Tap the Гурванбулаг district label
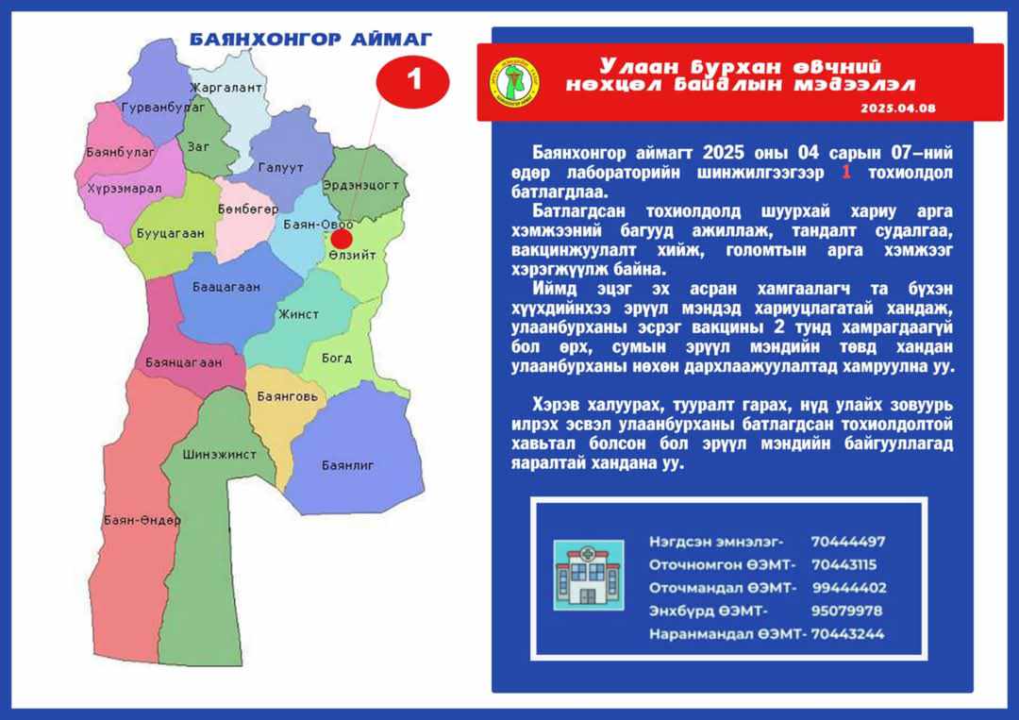[x=163, y=108]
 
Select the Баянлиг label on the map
[x=347, y=465]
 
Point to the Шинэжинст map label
[x=219, y=455]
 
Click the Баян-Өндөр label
[x=142, y=520]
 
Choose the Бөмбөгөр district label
[x=248, y=209]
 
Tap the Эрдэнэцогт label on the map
[x=360, y=185]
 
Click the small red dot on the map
[x=342, y=239]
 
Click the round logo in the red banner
[x=514, y=82]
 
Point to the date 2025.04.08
[x=898, y=109]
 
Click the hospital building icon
[x=589, y=575]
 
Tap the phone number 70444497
[x=848, y=542]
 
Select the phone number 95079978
[x=846, y=611]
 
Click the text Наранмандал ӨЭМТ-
[x=727, y=634]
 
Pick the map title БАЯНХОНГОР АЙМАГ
[x=310, y=40]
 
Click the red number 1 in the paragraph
[x=846, y=173]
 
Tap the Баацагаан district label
[x=226, y=287]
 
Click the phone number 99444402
[x=849, y=588]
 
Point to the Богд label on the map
[x=337, y=358]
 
